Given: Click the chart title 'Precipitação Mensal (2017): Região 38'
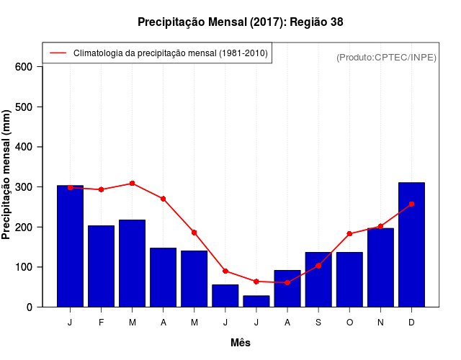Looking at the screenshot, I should [241, 22].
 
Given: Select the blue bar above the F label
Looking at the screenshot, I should [101, 266].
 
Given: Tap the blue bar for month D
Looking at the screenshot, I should [411, 245].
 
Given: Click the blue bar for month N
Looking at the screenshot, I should [380, 267].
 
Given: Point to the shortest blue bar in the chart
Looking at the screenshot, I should [256, 301].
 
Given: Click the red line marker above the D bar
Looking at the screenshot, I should [411, 204].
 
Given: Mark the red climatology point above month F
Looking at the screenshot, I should [101, 189].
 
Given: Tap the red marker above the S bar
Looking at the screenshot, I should [318, 266].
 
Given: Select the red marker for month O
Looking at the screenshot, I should [349, 234].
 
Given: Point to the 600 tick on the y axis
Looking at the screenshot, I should [24, 67].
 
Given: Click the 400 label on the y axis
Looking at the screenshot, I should [24, 147].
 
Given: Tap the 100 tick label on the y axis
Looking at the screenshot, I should [24, 267].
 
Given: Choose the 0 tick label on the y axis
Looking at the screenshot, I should [30, 307].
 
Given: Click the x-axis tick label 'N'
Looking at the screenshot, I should [380, 323].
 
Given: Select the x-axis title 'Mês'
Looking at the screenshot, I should [241, 343].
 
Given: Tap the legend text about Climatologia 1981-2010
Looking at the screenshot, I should [170, 53].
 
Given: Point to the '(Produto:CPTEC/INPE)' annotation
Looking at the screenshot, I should [386, 58].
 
